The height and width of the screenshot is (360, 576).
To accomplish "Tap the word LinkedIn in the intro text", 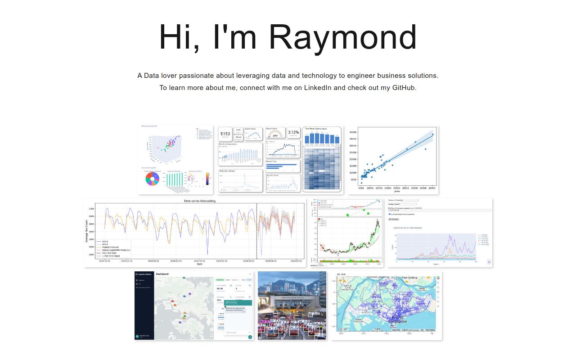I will click(318, 88).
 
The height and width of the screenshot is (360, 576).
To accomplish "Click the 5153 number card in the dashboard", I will click(225, 134).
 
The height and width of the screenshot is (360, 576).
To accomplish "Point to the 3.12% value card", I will click(293, 132).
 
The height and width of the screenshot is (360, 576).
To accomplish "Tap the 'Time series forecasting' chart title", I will click(199, 201).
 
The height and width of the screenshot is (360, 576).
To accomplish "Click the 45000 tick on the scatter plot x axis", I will click(431, 188).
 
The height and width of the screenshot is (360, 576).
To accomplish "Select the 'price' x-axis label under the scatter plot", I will click(397, 192).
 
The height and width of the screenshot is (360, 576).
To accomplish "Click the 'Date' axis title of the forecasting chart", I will click(199, 264).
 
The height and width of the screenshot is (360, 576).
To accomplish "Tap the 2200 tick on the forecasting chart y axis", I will click(91, 209).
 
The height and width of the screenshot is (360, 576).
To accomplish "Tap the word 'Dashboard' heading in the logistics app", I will click(162, 274).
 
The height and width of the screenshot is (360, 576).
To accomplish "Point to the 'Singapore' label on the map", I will click(397, 321).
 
